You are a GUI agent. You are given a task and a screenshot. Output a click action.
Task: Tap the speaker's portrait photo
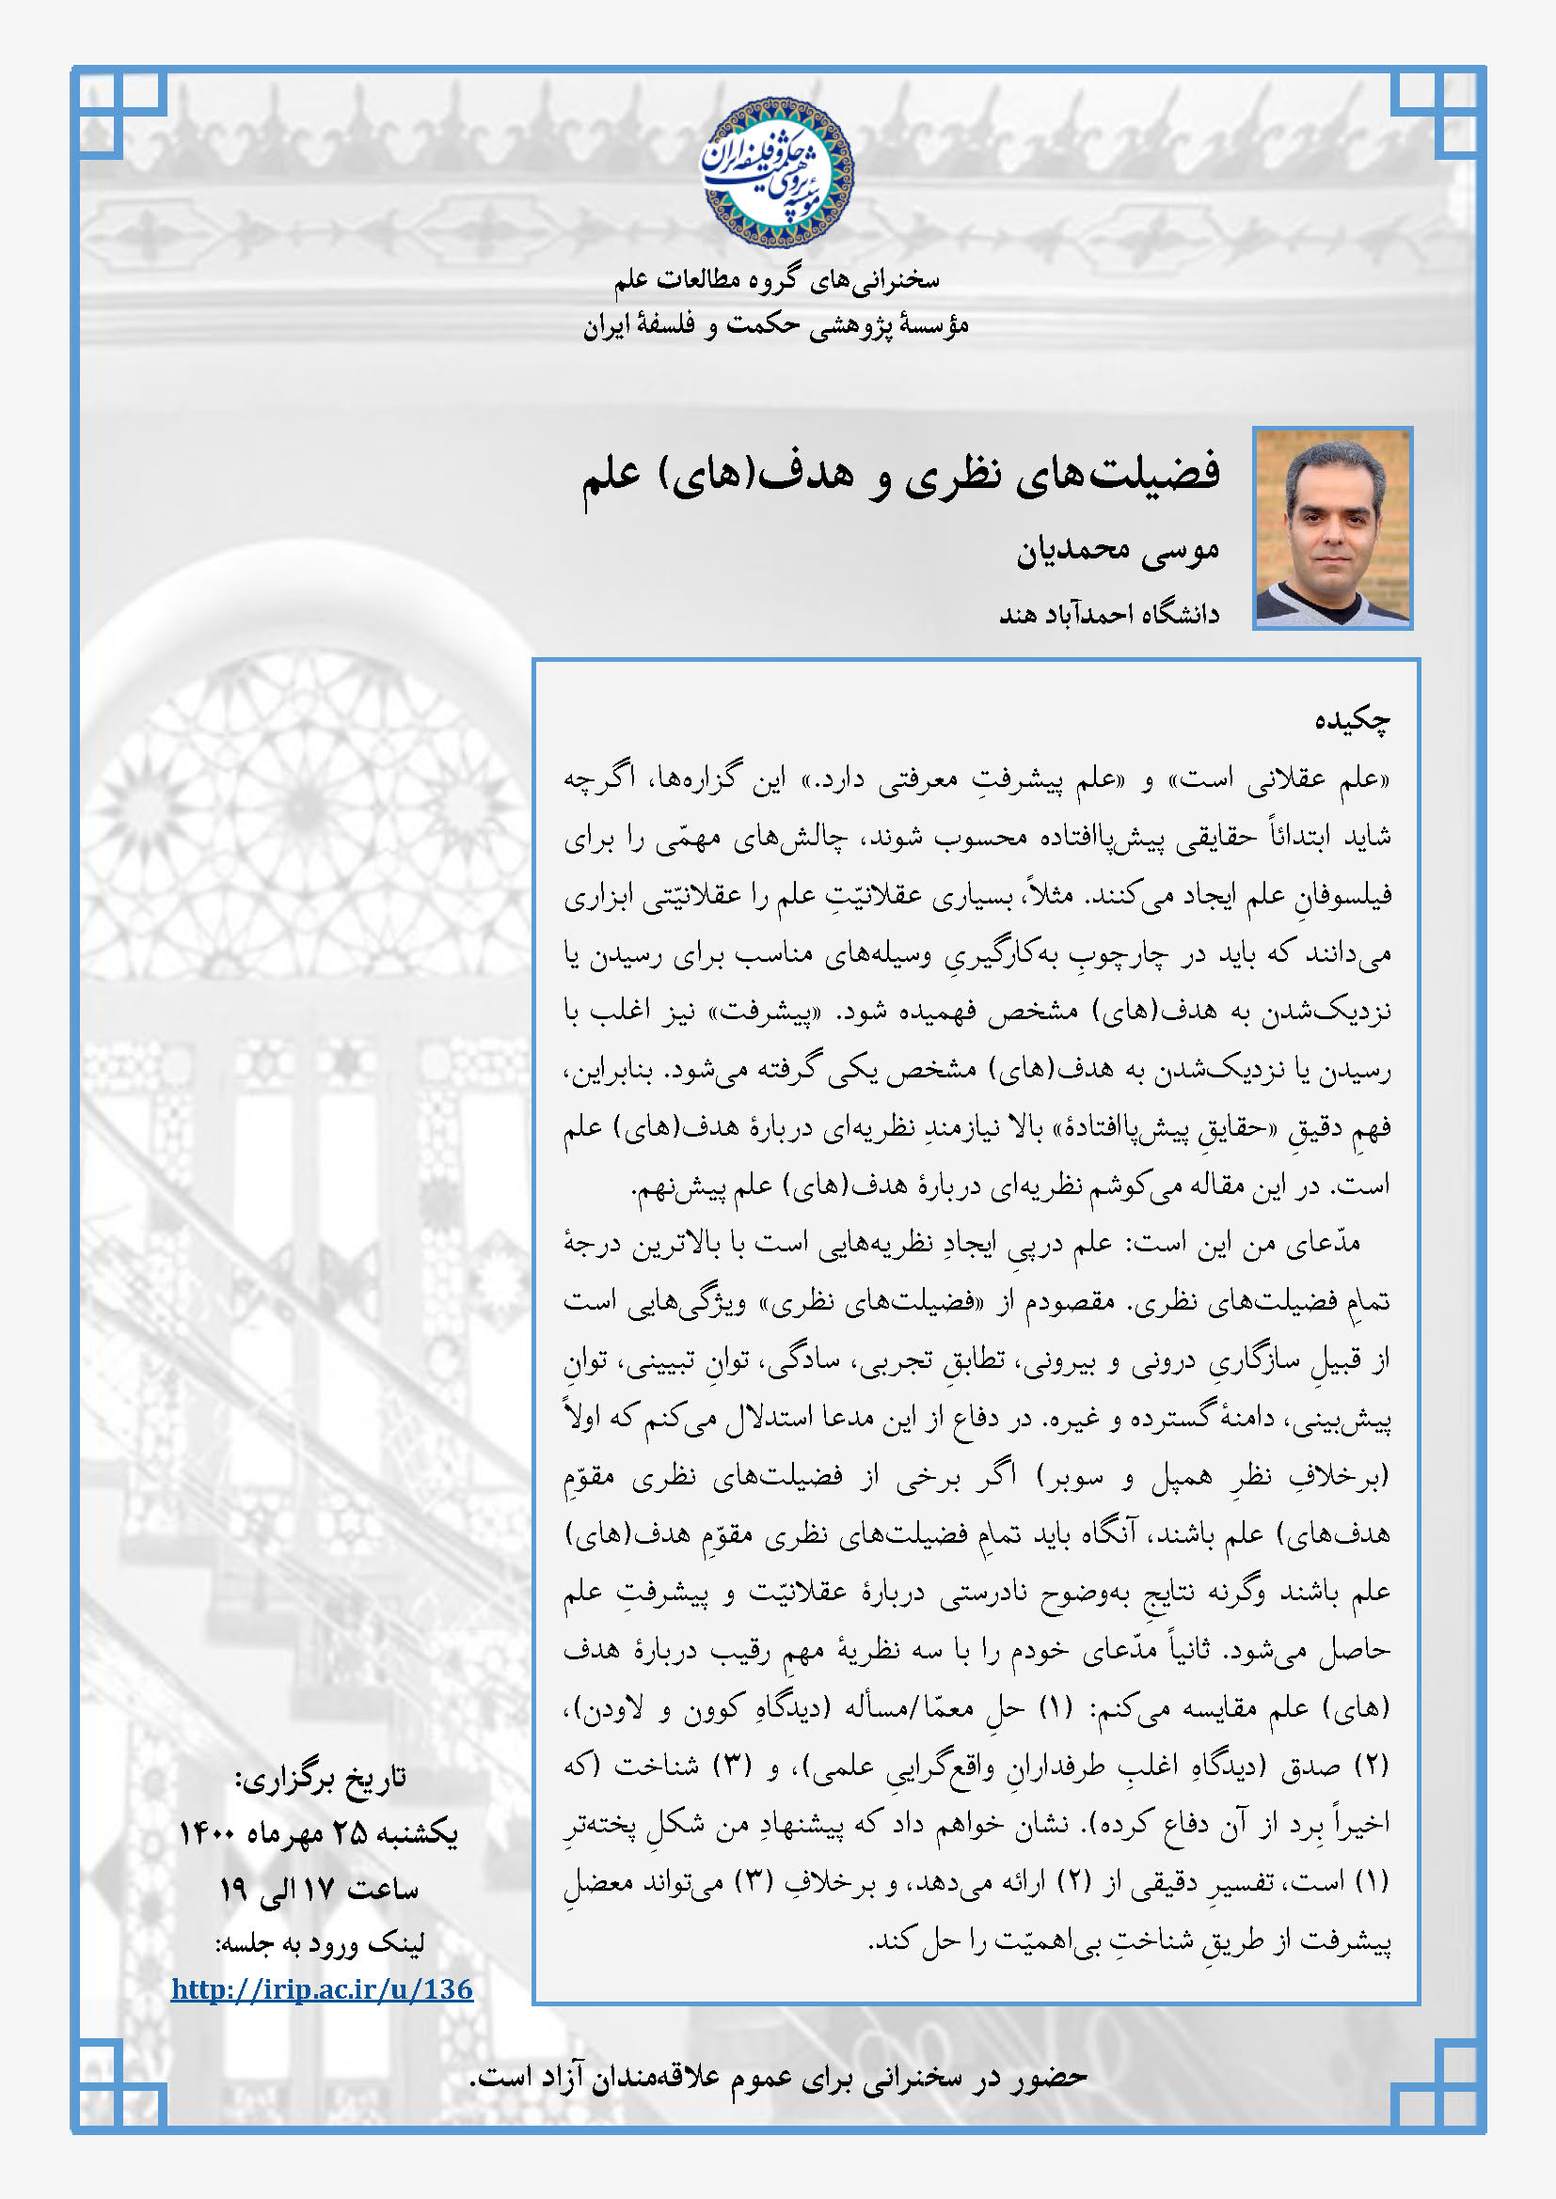pos(1332,527)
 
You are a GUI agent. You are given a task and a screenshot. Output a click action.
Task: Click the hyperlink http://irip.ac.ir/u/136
pos(322,1988)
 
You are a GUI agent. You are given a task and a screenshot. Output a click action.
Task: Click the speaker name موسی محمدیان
pos(1118,550)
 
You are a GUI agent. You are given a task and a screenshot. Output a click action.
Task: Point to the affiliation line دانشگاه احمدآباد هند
pos(1108,613)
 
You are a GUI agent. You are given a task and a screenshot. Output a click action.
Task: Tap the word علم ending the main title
pos(612,475)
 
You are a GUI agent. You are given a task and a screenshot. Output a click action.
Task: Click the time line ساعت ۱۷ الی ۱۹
pos(318,1888)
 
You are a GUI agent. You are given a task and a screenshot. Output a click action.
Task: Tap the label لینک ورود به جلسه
pos(320,1941)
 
